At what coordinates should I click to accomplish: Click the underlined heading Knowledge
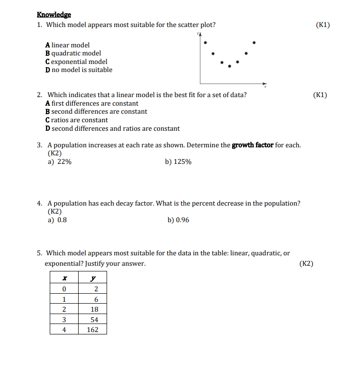(54, 15)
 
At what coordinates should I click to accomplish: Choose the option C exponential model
(76, 62)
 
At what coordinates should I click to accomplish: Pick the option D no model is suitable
(79, 70)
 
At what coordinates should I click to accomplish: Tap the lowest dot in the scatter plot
(230, 66)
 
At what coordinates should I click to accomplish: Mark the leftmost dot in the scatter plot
(205, 43)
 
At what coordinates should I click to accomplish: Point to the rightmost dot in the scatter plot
(254, 43)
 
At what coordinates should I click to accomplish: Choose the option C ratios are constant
(76, 120)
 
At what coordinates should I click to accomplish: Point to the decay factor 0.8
(62, 220)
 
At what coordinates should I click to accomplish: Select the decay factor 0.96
(182, 220)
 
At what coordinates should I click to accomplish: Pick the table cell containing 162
(93, 330)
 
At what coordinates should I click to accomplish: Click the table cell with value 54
(94, 320)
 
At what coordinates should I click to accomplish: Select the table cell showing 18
(94, 309)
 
